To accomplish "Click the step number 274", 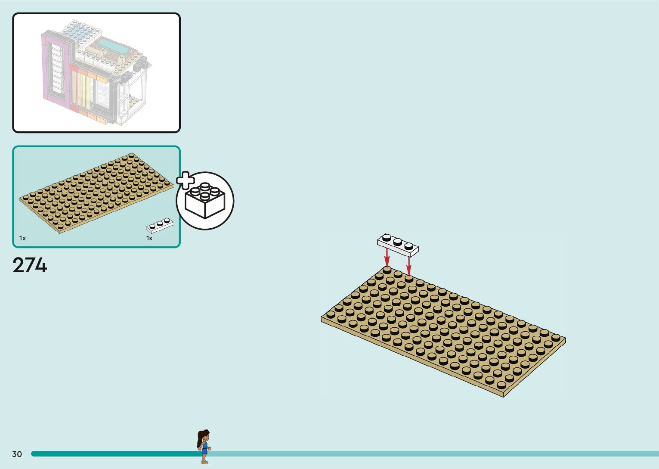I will [x=30, y=265].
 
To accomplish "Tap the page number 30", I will [x=17, y=454].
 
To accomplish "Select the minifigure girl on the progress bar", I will [x=204, y=446].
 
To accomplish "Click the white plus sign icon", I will [x=186, y=180].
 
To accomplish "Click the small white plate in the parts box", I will [x=160, y=225].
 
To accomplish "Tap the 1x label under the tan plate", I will [x=22, y=238].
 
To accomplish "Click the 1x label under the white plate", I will [x=149, y=238].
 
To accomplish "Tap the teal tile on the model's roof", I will [x=113, y=46].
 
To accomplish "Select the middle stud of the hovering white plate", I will [x=398, y=242].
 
